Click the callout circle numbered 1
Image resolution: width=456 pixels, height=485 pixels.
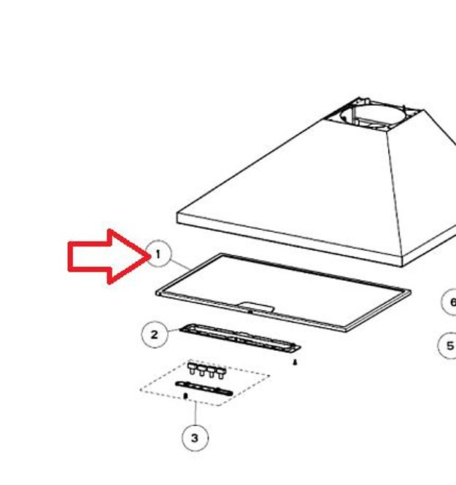tap(158, 241)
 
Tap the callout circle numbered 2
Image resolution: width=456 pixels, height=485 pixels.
tap(155, 322)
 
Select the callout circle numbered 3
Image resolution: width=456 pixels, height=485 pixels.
tap(195, 425)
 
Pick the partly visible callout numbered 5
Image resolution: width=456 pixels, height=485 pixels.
tap(439, 346)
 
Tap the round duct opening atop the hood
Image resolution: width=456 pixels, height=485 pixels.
tap(372, 115)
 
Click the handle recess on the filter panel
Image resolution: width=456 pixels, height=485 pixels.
tap(256, 308)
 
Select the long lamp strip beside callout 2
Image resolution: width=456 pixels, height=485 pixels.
tap(240, 338)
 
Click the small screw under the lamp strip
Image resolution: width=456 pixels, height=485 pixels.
tap(295, 362)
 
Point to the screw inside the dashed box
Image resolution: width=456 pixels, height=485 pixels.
tap(185, 396)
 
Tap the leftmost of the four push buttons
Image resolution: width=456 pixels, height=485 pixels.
tap(192, 368)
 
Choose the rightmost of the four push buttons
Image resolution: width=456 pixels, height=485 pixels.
tap(221, 373)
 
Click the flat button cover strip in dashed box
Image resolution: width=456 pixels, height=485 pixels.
tap(204, 389)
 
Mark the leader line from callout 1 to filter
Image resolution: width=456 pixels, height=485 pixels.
tap(180, 265)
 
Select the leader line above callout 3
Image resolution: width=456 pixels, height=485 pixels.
tap(196, 414)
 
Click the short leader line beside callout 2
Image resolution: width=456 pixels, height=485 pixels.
tap(174, 331)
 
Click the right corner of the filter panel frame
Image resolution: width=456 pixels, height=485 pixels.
tap(411, 291)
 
